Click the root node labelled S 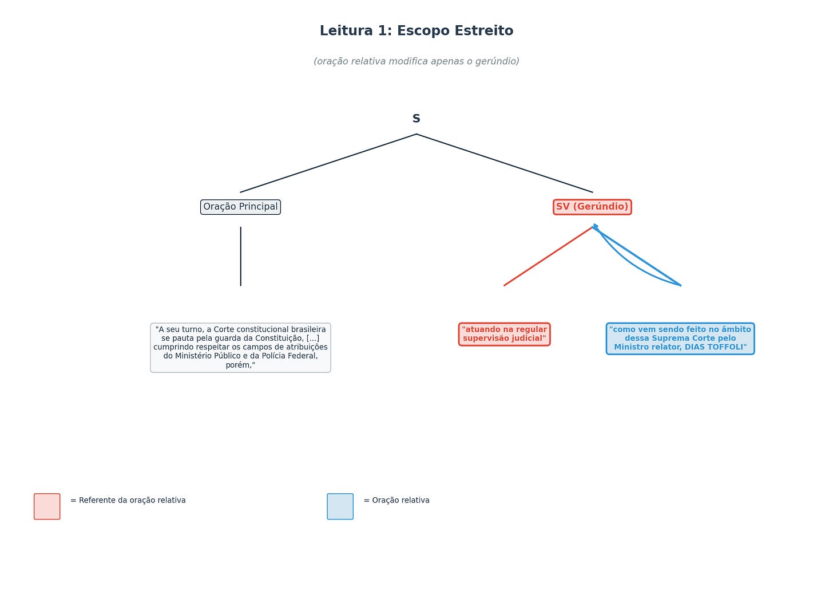coord(416,119)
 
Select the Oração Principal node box coord(240,207)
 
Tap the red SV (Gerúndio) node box coord(592,207)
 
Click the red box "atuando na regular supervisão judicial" coord(504,334)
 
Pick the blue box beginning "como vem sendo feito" coord(680,338)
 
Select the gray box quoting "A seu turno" coord(240,347)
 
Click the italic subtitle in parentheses coord(416,61)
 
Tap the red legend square coord(47,506)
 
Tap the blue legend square coord(340,506)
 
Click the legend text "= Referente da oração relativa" coord(128,501)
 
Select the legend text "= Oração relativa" coord(396,501)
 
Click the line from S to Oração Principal coord(328,163)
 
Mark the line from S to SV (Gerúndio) coord(505,163)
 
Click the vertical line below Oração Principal coord(241,256)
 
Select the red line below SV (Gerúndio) coord(548,256)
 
